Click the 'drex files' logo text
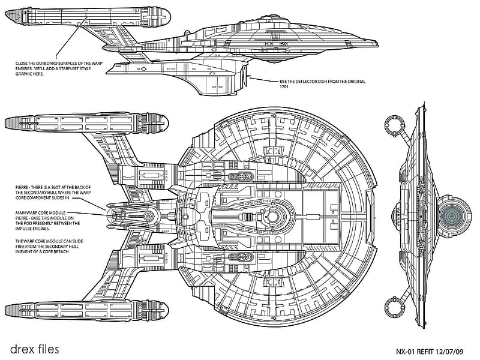coord(34,349)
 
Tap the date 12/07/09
coord(449,352)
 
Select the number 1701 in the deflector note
coord(284,86)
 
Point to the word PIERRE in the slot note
coord(22,187)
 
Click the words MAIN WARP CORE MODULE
coord(40,213)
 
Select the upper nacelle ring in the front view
coord(395,126)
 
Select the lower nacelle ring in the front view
coord(395,307)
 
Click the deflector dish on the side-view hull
coord(245,76)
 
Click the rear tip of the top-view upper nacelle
coord(5,123)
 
